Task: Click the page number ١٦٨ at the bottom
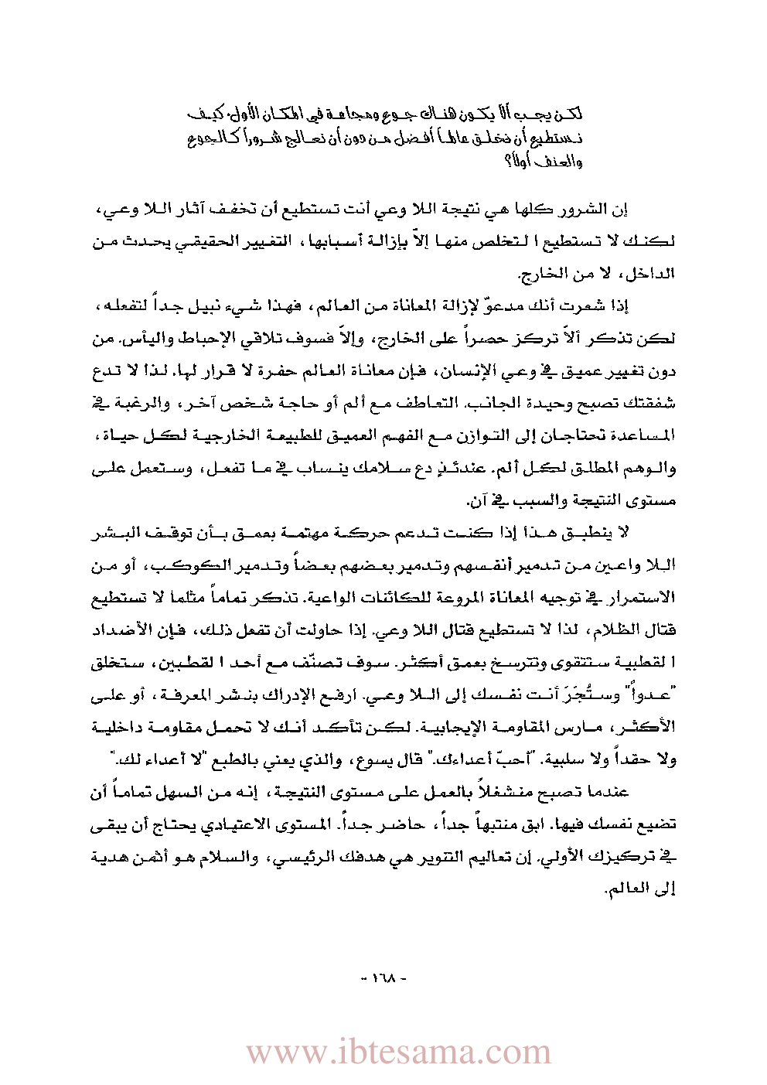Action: [383, 978]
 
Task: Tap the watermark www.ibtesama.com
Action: [398, 1053]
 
